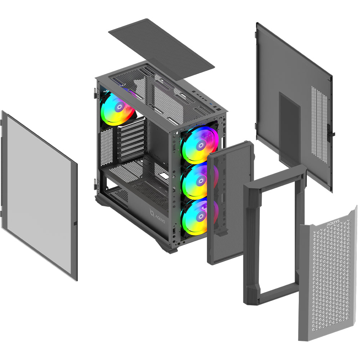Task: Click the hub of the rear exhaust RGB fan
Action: tap(120, 107)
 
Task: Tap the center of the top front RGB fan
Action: tap(201, 145)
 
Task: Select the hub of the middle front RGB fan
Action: tap(201, 181)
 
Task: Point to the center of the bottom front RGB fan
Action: tap(201, 216)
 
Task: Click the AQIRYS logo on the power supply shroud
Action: tap(157, 216)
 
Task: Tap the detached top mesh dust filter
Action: tap(161, 49)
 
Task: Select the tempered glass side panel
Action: tap(39, 195)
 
